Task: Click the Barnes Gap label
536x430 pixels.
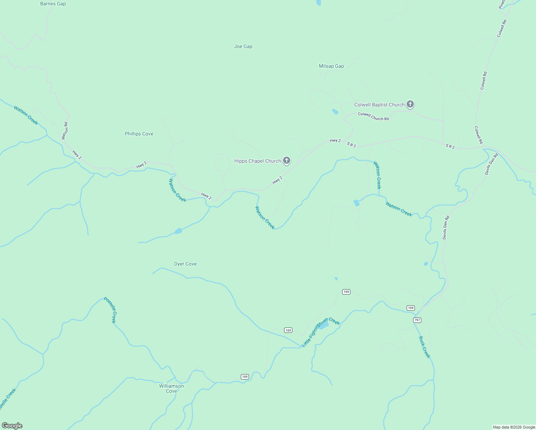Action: [53, 4]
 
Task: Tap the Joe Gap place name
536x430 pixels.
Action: [243, 47]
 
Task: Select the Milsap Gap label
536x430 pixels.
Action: [331, 66]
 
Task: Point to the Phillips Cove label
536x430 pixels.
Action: [139, 134]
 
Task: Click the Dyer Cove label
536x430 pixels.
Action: [185, 264]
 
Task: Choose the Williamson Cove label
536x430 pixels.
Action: [171, 388]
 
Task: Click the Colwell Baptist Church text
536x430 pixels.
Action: [379, 105]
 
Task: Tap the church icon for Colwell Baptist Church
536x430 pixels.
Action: [410, 105]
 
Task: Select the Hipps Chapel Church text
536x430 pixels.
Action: [257, 161]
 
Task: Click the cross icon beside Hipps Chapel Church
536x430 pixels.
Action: [287, 161]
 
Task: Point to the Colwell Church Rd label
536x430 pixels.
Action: [373, 116]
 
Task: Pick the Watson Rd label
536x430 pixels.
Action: [65, 131]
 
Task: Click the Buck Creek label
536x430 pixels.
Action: [424, 347]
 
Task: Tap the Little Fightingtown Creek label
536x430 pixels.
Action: [320, 332]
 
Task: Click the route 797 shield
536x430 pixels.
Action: [417, 320]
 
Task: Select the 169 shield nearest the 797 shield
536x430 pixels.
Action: [411, 308]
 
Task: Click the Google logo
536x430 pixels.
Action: [12, 426]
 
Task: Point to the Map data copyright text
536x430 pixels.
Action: [514, 427]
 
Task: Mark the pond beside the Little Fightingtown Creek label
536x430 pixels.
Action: [324, 326]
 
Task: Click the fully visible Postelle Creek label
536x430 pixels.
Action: [110, 310]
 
